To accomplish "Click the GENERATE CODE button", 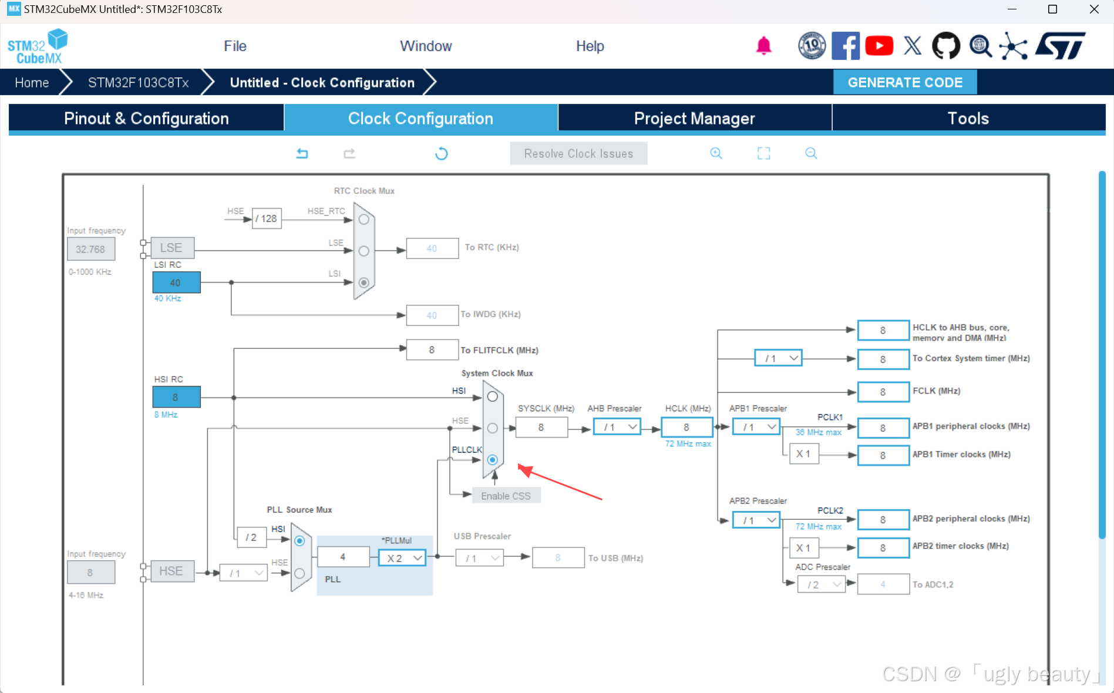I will pyautogui.click(x=904, y=82).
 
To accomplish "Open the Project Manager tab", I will pyautogui.click(x=694, y=118).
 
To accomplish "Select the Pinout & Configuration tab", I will pyautogui.click(x=146, y=118).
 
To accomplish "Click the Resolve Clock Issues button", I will pyautogui.click(x=578, y=153).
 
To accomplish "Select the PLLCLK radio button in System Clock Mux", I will pyautogui.click(x=493, y=460).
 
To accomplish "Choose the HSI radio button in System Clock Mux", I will pyautogui.click(x=493, y=396).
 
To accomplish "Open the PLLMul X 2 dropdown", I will pyautogui.click(x=402, y=558).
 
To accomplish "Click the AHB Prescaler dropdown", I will pyautogui.click(x=617, y=427).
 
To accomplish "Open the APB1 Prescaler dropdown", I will pyautogui.click(x=756, y=427).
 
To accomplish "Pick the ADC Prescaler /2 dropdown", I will pyautogui.click(x=821, y=584).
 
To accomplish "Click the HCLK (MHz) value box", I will pyautogui.click(x=686, y=427).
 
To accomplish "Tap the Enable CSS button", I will pyautogui.click(x=506, y=496).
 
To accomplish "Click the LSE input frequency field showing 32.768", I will pyautogui.click(x=90, y=249).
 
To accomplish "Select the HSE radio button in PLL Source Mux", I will pyautogui.click(x=299, y=573).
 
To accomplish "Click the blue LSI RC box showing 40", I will pyautogui.click(x=176, y=282).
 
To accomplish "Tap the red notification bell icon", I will pyautogui.click(x=763, y=46).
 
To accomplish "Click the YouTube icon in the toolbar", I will pyautogui.click(x=879, y=46).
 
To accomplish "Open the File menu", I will pyautogui.click(x=235, y=46).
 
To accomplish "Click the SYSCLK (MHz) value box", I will pyautogui.click(x=541, y=427).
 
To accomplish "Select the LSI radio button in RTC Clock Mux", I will pyautogui.click(x=364, y=282).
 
